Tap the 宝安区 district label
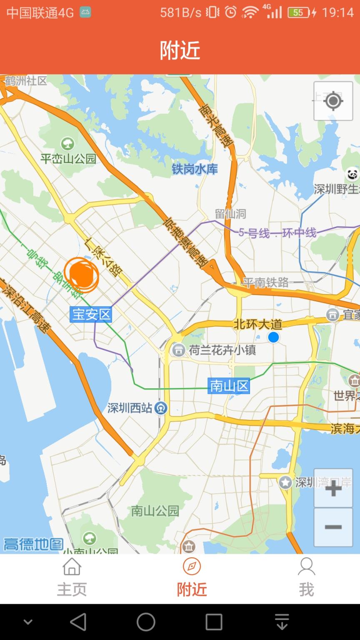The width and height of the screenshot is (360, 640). pyautogui.click(x=91, y=314)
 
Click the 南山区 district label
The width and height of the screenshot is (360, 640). pyautogui.click(x=229, y=386)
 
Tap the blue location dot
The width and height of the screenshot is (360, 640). pyautogui.click(x=273, y=337)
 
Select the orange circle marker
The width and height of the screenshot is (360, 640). pyautogui.click(x=81, y=273)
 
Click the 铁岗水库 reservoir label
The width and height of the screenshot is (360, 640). pyautogui.click(x=195, y=169)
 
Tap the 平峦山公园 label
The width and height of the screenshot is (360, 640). pyautogui.click(x=68, y=158)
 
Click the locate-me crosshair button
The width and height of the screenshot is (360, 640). pyautogui.click(x=333, y=101)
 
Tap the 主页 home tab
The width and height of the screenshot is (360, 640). pyautogui.click(x=72, y=577)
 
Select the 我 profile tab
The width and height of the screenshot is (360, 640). pyautogui.click(x=306, y=577)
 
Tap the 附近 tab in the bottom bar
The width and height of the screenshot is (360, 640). pyautogui.click(x=192, y=577)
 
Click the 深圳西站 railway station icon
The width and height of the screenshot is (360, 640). pyautogui.click(x=161, y=408)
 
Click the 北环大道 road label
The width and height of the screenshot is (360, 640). pyautogui.click(x=257, y=324)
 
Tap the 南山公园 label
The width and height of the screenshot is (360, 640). pyautogui.click(x=155, y=511)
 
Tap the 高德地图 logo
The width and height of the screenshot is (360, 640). pyautogui.click(x=33, y=544)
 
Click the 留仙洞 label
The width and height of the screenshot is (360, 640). pyautogui.click(x=230, y=214)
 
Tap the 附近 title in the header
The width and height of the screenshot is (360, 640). pyautogui.click(x=180, y=50)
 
